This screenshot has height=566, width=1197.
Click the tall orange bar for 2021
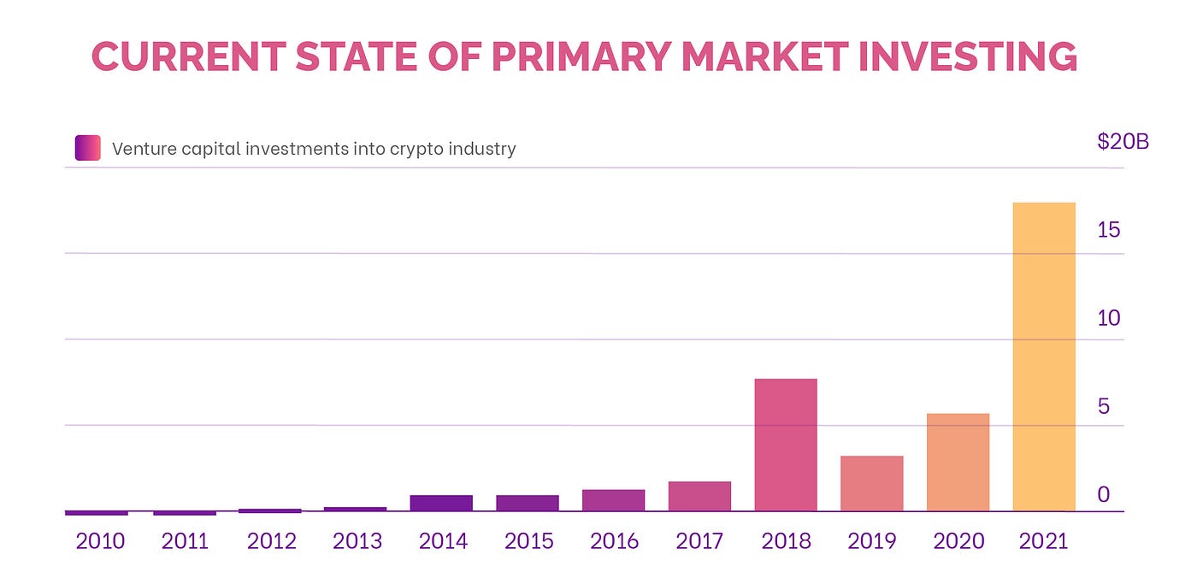point(1043,357)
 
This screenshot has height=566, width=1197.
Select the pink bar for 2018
point(786,445)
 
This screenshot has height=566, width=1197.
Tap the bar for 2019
point(871,483)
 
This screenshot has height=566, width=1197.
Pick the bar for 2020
point(958,462)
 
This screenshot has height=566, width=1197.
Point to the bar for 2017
point(699,496)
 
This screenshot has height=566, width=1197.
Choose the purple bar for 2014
point(441,503)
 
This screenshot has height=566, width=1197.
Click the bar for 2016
point(613,500)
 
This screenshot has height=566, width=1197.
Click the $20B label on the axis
point(1123,142)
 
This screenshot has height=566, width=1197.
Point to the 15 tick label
point(1109,230)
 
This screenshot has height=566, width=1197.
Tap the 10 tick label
point(1109,318)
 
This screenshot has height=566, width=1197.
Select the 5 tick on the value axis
point(1104,406)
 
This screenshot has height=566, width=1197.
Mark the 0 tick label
point(1104,494)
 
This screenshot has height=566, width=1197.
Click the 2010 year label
point(100,541)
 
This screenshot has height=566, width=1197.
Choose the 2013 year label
point(357,541)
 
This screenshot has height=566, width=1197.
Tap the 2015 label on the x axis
point(528,541)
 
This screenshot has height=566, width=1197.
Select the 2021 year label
point(1043,541)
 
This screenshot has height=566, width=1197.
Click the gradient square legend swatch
point(88,148)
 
